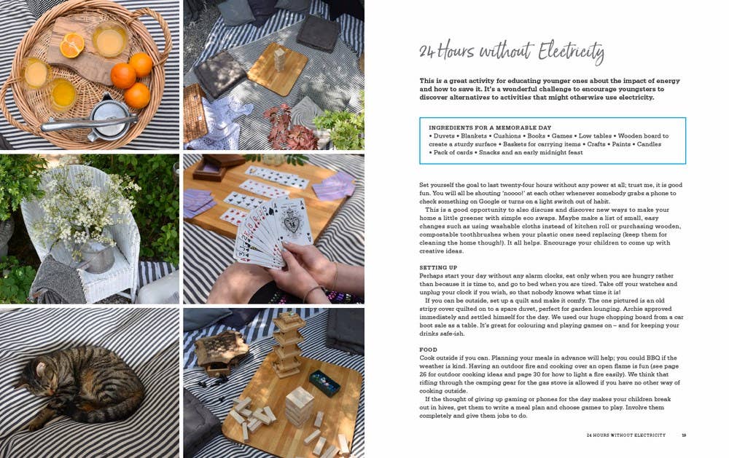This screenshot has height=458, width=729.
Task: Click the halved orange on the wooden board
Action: (72, 45)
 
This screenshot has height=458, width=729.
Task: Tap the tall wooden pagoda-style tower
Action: (286, 344)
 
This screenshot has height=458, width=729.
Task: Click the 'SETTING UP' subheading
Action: (438, 267)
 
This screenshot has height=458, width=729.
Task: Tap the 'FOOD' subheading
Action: (428, 350)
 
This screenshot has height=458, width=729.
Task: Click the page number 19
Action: (684, 435)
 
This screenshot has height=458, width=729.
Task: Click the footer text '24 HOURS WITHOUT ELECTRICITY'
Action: (625, 435)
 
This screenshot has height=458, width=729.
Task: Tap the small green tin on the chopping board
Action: (324, 383)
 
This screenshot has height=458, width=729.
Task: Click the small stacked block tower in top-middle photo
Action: (279, 60)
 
